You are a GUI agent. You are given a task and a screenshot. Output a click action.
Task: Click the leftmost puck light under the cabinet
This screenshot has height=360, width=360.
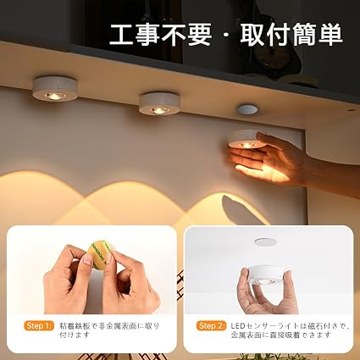tap(55, 89)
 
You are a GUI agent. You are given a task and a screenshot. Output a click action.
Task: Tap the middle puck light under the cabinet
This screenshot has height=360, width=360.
tap(159, 103)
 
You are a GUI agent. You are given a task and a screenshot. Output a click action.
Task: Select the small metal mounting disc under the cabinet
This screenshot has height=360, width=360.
tap(247, 109)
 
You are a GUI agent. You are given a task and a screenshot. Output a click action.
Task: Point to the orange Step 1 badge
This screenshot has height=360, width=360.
tap(39, 326)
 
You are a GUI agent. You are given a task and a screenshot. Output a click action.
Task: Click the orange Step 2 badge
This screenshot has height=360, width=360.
tap(211, 326)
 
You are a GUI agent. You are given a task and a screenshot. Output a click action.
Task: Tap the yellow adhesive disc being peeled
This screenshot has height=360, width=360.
tap(99, 254)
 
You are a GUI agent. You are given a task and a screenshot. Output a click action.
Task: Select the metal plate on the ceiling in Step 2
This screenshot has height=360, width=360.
tap(265, 242)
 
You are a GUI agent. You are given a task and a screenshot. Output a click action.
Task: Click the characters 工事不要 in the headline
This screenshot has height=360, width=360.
tap(161, 35)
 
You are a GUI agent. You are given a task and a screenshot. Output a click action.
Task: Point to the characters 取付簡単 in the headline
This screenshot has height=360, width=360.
tap(291, 35)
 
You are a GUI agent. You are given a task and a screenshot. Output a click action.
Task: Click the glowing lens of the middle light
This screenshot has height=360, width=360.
tap(159, 111)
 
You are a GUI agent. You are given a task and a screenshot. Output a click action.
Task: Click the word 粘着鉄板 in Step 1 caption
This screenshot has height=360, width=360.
tap(75, 326)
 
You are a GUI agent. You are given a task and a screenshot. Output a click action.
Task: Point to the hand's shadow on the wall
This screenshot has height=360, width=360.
tap(240, 209)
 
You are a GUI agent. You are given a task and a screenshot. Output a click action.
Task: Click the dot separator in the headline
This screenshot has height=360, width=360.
tap(227, 36)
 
